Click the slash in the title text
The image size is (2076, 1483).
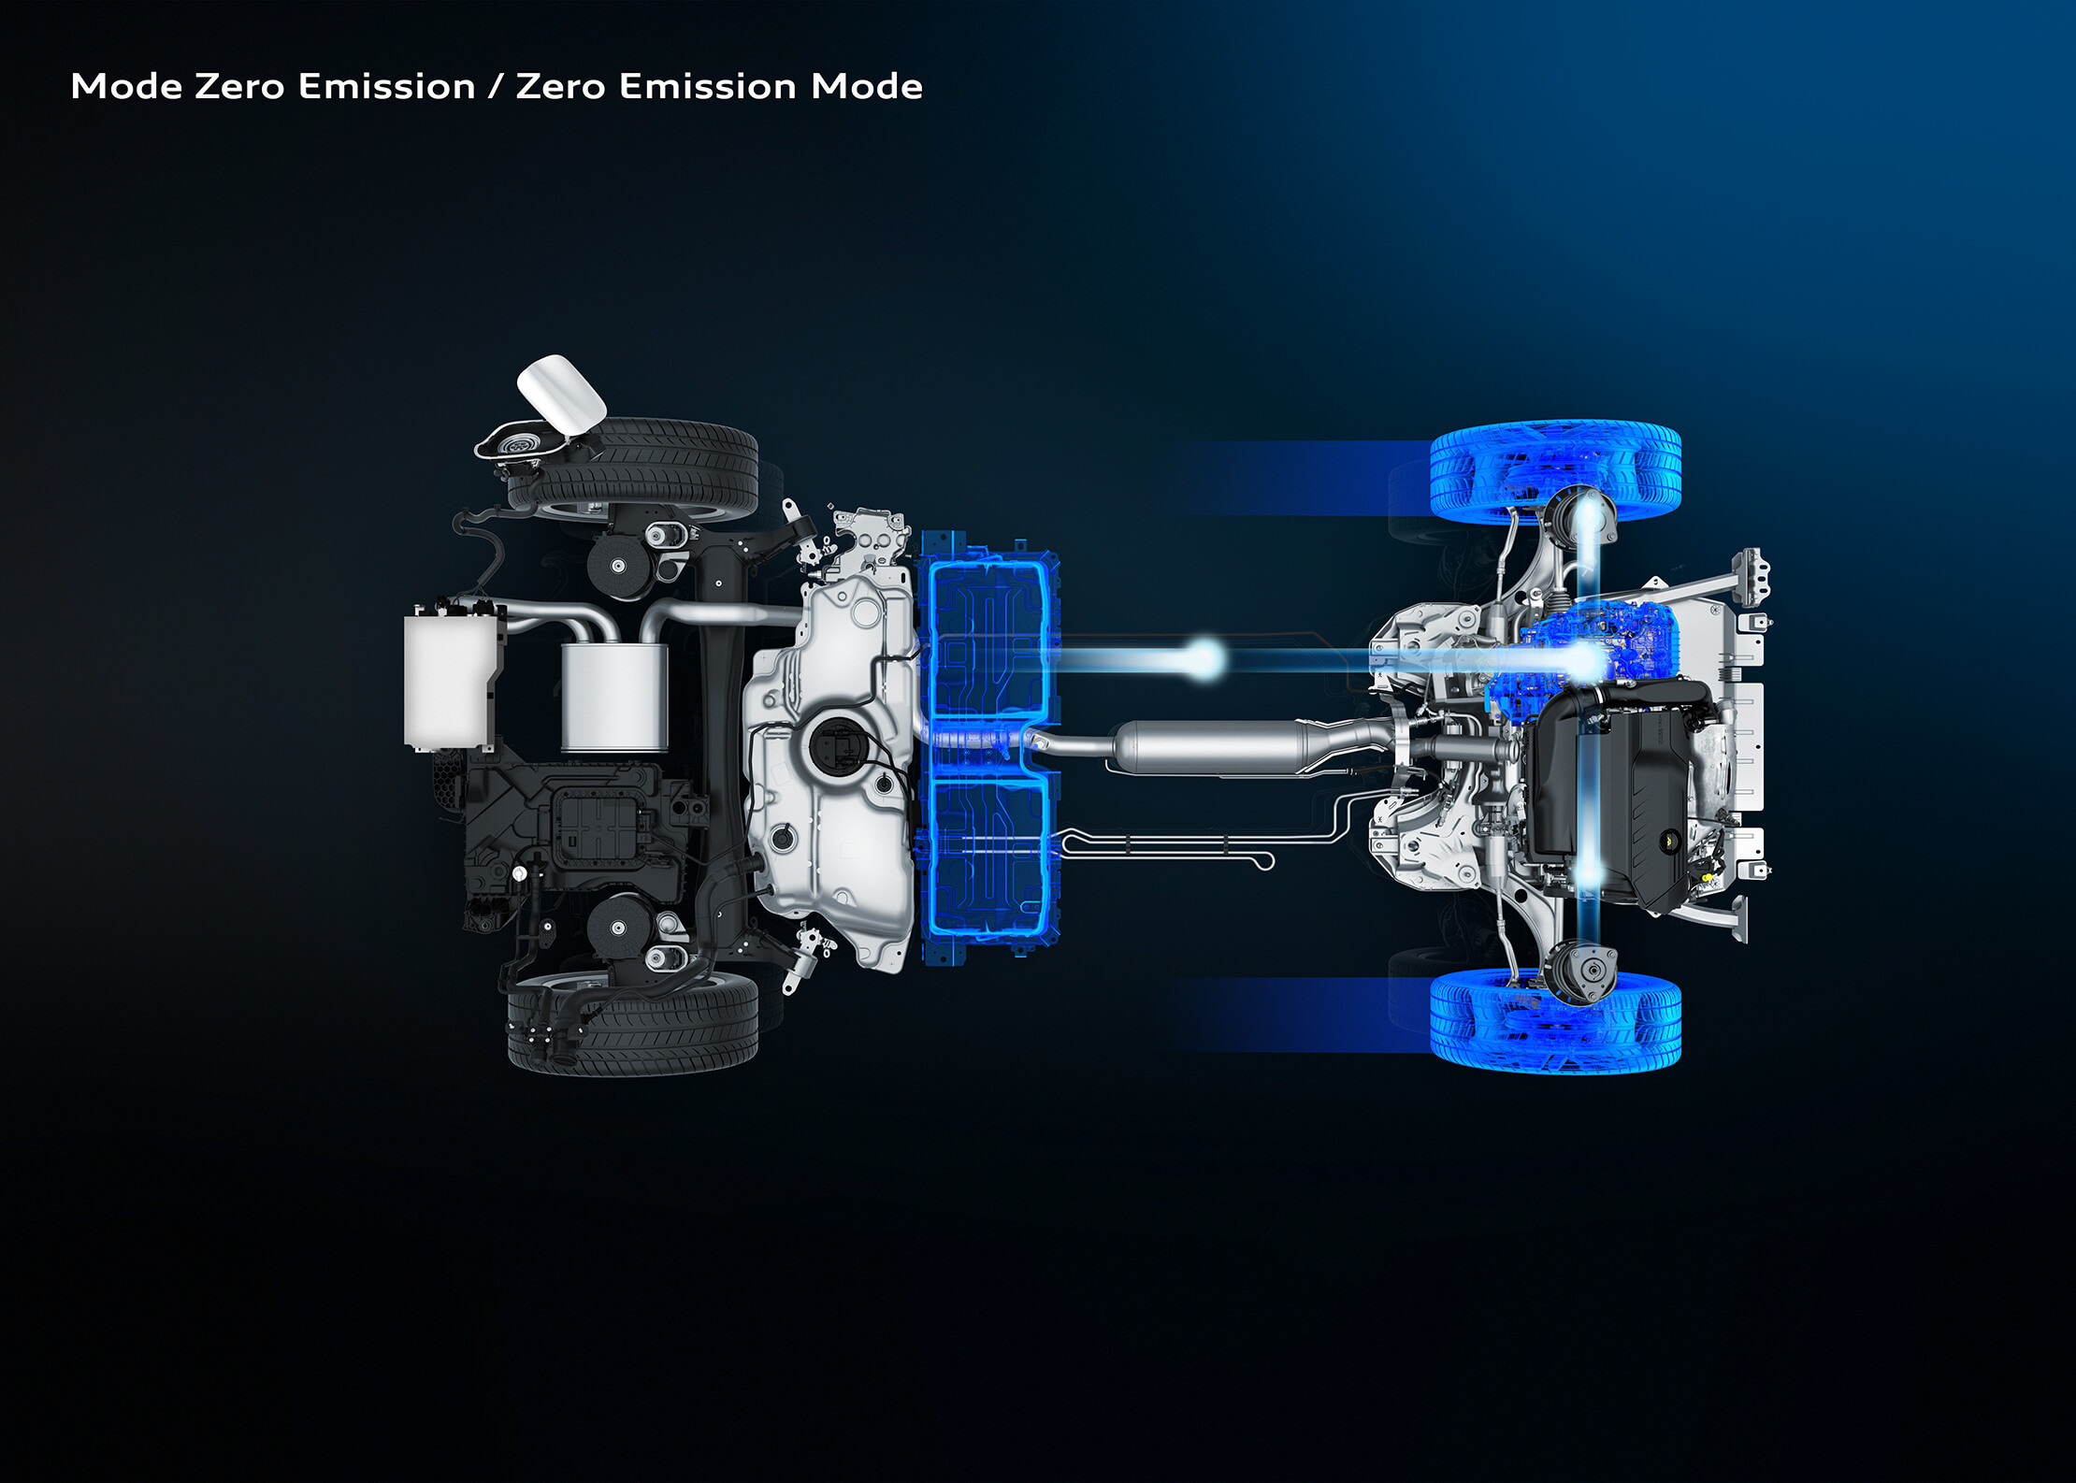click(495, 87)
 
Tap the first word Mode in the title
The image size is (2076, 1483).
click(127, 86)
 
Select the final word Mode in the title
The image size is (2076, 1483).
click(867, 86)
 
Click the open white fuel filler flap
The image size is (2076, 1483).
click(561, 393)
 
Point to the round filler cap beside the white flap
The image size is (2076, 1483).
click(516, 446)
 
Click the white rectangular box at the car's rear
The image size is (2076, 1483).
click(449, 680)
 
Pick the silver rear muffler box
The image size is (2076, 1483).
click(614, 698)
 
